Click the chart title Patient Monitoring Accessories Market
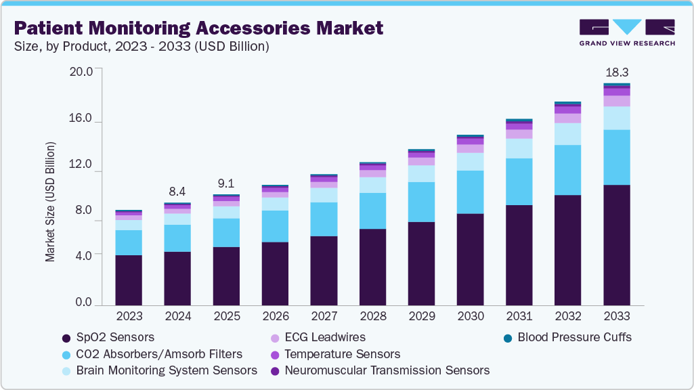pos(198,28)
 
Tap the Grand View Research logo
pos(627,32)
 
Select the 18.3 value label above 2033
pos(616,72)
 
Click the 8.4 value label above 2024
pos(177,191)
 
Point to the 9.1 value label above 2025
pos(226,183)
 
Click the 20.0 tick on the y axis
pos(84,70)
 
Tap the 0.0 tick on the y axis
pos(84,302)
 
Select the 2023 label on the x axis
pos(129,317)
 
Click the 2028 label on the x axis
pos(372,317)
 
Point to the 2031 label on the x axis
pos(519,317)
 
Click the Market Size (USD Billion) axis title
pos(50,202)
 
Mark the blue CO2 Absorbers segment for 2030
pos(470,192)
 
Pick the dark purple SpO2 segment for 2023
pos(129,280)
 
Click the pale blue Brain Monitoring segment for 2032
pos(567,133)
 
